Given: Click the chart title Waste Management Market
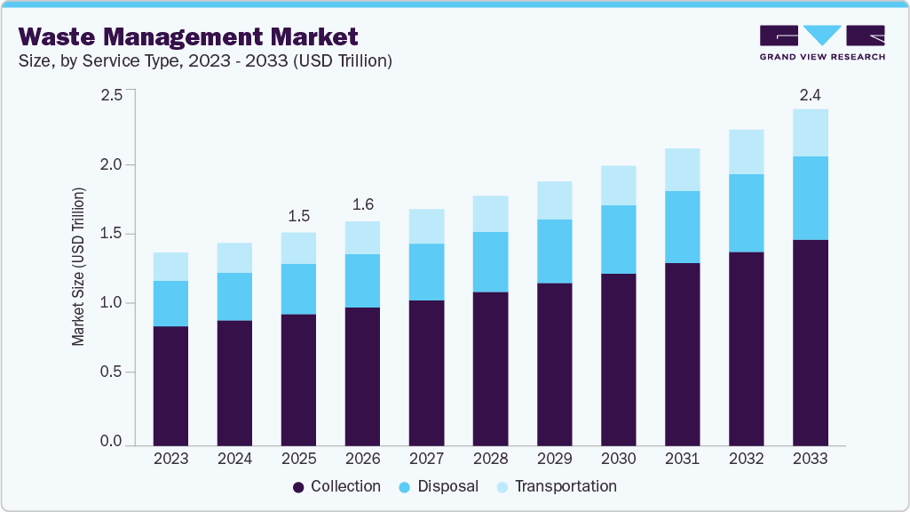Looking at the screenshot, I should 188,36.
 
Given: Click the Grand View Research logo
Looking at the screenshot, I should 822,43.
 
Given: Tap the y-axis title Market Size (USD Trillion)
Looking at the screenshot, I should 78,267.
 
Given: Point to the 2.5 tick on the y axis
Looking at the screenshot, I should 111,95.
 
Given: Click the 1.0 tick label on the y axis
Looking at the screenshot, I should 111,303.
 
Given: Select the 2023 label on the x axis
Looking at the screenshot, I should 170,459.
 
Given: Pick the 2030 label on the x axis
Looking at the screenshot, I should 619,459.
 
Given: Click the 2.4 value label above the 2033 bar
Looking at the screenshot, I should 810,94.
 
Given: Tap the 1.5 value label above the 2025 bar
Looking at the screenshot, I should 298,217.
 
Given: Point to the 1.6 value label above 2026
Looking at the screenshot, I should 362,205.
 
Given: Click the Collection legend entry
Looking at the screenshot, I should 336,486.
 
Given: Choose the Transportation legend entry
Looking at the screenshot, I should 556,486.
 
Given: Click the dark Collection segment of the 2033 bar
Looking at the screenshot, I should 810,342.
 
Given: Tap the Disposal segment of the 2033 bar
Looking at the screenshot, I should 810,198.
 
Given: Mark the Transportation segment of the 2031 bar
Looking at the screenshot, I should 682,170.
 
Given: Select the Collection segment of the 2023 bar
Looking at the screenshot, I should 170,385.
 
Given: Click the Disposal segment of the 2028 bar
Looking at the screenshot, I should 490,262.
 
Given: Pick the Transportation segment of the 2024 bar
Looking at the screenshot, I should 234,258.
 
